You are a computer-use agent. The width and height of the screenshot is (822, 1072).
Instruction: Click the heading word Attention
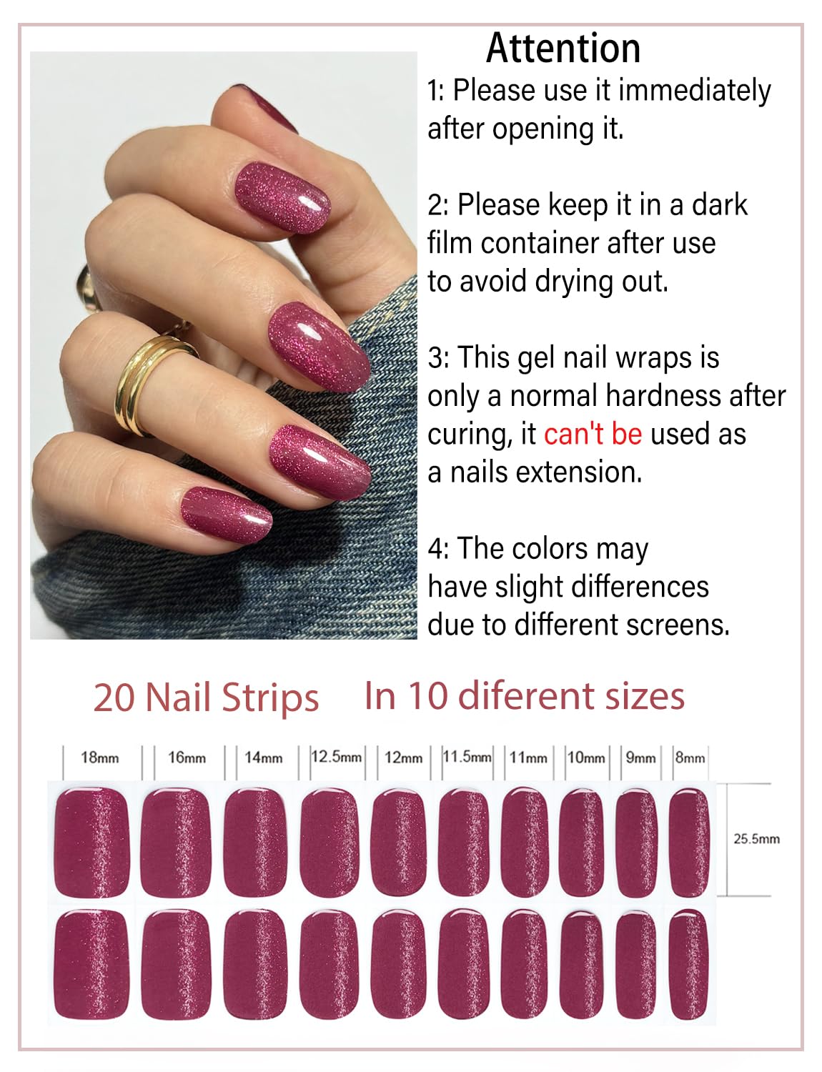[x=563, y=49]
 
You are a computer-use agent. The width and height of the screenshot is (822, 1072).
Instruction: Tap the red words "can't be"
[x=593, y=435]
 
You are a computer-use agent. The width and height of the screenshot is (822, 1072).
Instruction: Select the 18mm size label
[x=99, y=758]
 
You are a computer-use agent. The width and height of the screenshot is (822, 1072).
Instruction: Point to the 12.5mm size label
[x=336, y=756]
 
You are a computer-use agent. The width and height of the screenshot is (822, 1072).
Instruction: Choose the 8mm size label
[x=690, y=758]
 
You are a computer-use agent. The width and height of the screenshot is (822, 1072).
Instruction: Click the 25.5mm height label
[x=756, y=839]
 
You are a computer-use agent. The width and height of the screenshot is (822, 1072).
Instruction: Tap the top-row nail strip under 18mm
[x=92, y=842]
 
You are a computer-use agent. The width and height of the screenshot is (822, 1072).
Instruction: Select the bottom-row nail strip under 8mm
[x=688, y=965]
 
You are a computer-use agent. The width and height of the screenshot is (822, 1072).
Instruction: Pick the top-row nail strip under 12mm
[x=399, y=842]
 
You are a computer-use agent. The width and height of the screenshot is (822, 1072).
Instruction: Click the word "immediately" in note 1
[x=694, y=91]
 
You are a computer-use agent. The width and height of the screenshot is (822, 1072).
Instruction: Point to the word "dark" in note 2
[x=719, y=205]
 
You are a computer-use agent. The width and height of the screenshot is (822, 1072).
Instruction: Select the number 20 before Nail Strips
[x=114, y=698]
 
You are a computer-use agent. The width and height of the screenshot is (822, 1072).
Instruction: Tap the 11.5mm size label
[x=467, y=756]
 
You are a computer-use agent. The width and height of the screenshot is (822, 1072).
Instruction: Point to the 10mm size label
[x=586, y=758]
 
